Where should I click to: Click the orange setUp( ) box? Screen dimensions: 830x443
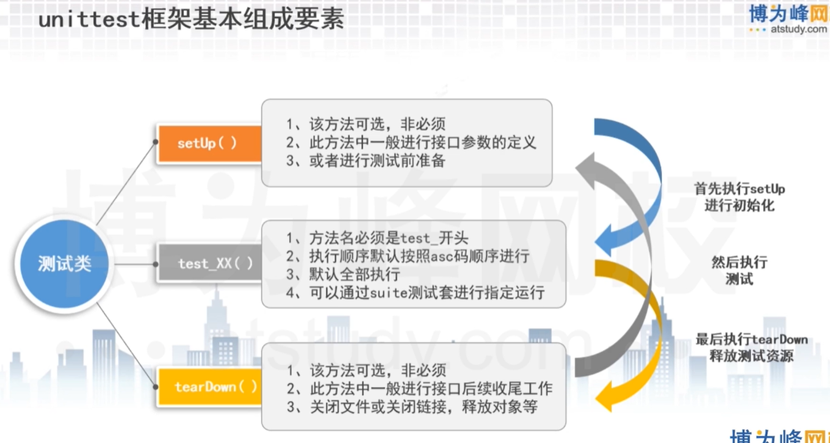(x=210, y=144)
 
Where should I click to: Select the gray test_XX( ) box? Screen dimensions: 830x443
(x=210, y=263)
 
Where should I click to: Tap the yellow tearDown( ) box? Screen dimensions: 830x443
(x=210, y=387)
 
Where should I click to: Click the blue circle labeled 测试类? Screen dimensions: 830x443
(x=65, y=264)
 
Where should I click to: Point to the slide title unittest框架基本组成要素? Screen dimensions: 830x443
(x=191, y=20)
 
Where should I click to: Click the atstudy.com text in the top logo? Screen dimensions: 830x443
(x=798, y=29)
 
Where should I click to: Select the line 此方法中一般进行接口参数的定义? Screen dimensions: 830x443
(x=411, y=142)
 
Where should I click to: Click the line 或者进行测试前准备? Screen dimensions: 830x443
(x=366, y=161)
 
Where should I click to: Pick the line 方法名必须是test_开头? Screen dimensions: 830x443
(x=377, y=238)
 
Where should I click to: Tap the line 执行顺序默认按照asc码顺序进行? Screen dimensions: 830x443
(x=408, y=257)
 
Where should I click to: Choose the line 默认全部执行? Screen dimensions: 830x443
(x=343, y=274)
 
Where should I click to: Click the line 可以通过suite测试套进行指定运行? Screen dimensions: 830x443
(x=415, y=293)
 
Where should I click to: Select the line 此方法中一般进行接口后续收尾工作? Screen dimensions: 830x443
(x=419, y=389)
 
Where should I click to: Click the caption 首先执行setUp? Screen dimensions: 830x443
(x=740, y=189)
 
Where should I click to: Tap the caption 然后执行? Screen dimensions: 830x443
(x=739, y=262)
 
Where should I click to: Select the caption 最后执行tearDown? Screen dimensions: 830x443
(x=751, y=340)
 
